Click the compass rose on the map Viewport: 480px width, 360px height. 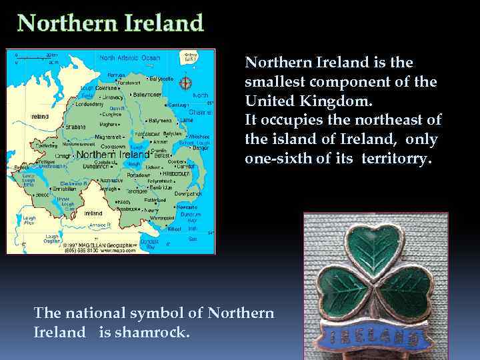(x=186, y=83)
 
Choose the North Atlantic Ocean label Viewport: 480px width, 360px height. (x=130, y=58)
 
